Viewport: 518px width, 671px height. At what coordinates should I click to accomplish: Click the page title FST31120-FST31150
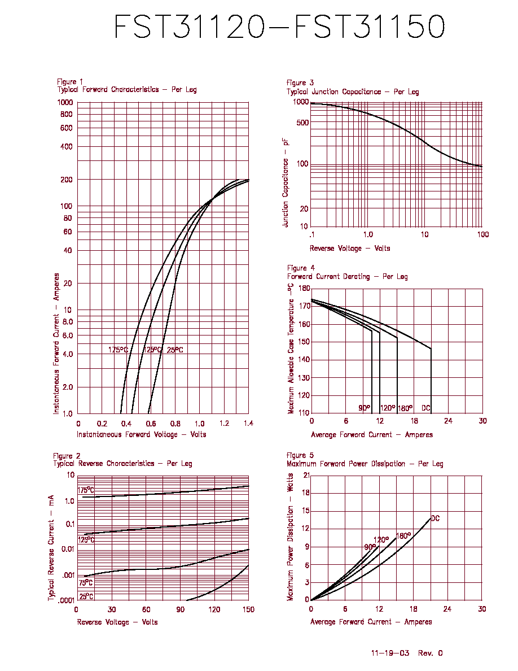279,27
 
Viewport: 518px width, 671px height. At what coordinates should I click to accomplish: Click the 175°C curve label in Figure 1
118,350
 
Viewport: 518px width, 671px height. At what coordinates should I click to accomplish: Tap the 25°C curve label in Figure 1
175,350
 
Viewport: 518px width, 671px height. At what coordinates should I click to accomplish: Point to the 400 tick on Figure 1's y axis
66,147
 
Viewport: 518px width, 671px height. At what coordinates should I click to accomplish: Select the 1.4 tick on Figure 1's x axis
248,424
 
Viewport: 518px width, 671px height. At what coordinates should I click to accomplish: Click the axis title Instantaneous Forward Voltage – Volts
142,434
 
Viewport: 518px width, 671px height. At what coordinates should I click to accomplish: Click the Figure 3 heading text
300,82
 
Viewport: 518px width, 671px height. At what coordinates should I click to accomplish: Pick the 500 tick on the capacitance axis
302,123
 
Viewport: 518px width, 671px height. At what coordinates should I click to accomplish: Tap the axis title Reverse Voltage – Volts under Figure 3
350,248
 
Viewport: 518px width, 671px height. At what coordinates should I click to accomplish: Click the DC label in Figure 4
425,408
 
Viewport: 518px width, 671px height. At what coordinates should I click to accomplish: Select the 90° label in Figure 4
364,408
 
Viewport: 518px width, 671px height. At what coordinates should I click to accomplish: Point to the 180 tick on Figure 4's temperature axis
304,289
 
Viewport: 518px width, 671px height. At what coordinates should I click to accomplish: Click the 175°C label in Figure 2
86,490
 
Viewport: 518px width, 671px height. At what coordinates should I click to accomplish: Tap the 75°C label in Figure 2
85,583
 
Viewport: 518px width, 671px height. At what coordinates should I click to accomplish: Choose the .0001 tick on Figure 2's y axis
66,600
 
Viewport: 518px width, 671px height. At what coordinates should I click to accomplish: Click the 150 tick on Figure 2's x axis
248,609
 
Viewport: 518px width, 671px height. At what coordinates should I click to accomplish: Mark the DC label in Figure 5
435,518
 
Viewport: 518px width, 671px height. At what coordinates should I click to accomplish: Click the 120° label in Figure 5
381,539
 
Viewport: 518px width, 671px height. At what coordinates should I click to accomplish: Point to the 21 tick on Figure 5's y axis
306,476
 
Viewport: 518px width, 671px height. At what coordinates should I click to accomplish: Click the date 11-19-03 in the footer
390,653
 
